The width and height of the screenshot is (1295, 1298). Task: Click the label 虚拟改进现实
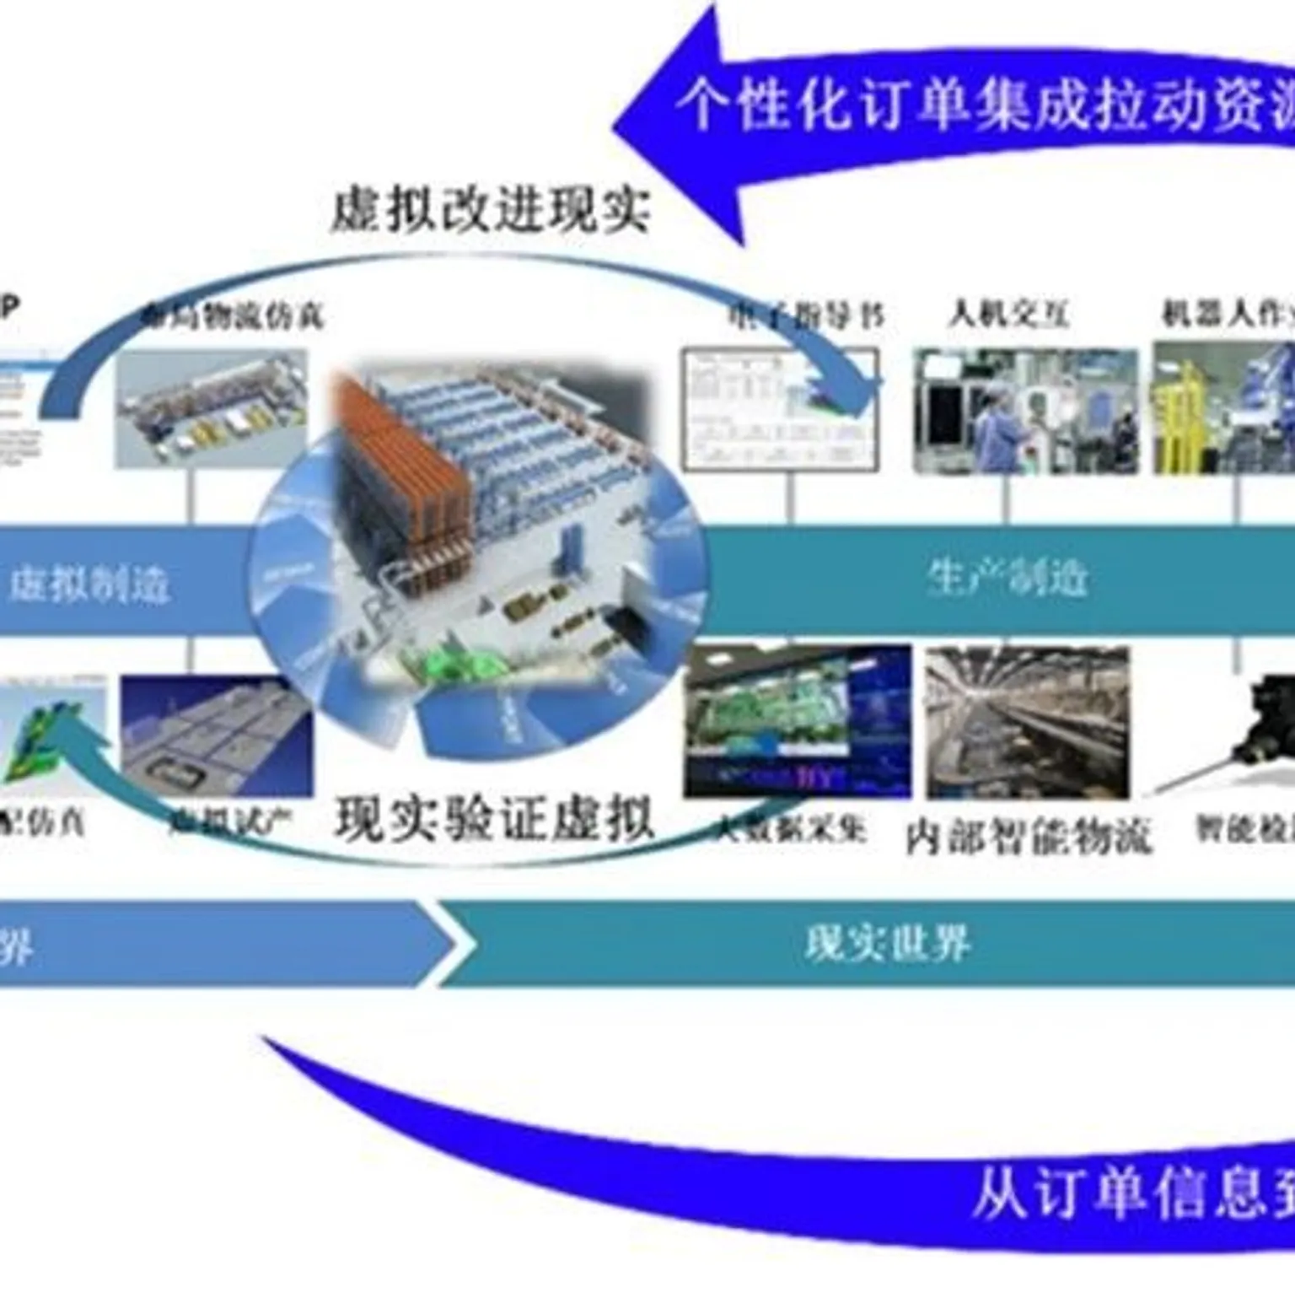click(x=491, y=208)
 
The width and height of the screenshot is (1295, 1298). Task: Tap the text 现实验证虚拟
click(x=495, y=818)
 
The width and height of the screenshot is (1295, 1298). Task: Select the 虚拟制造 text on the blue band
click(x=89, y=583)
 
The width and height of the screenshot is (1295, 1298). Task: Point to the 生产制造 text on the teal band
click(x=1008, y=579)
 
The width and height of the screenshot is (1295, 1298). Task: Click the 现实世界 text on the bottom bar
click(x=888, y=943)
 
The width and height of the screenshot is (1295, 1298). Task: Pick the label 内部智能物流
click(x=1028, y=836)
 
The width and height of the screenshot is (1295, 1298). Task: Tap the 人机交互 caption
click(x=1009, y=315)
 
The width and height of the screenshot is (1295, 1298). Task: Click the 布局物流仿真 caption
click(x=233, y=316)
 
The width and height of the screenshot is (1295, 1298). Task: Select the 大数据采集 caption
click(x=788, y=828)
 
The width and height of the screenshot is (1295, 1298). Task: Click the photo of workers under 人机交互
click(x=1025, y=412)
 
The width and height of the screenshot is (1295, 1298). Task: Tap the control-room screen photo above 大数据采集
click(x=797, y=722)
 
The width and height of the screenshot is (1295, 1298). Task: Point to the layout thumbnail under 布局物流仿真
click(x=211, y=410)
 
